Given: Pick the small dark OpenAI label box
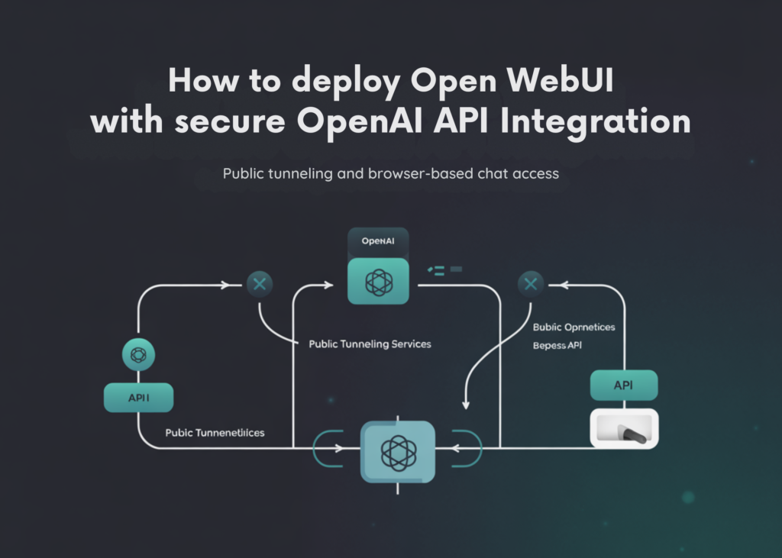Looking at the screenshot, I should (377, 241).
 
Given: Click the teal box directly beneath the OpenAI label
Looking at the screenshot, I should (378, 281).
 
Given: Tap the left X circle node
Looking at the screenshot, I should (259, 285).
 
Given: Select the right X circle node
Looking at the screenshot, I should (531, 285).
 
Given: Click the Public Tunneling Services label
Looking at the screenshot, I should (370, 344).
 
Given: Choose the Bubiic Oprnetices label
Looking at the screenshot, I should (573, 327).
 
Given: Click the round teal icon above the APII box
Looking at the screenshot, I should (138, 355).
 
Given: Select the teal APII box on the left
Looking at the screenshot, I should (138, 398).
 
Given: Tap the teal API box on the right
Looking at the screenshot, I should (623, 385).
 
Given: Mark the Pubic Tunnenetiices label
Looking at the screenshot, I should (215, 433).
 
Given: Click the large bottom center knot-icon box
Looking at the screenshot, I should (397, 451).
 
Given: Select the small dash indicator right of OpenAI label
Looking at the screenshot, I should (446, 269).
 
